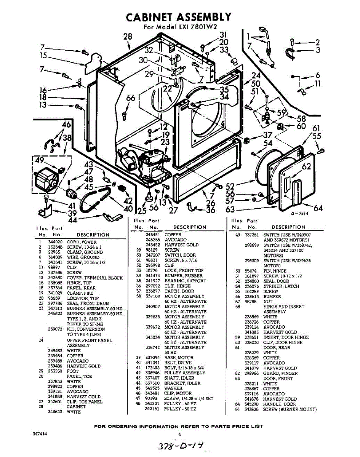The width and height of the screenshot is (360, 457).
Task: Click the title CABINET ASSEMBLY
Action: point(178,17)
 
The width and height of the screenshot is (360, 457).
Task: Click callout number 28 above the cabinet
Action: point(128,37)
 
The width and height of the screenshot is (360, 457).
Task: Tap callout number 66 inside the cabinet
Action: point(130,98)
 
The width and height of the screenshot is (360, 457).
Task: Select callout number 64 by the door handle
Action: point(318,208)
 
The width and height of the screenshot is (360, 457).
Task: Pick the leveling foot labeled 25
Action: point(148,197)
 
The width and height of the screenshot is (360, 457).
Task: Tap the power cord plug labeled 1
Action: point(263,30)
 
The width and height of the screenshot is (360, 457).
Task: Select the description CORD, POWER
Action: point(82,242)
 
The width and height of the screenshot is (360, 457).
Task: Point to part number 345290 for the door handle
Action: point(251,404)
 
